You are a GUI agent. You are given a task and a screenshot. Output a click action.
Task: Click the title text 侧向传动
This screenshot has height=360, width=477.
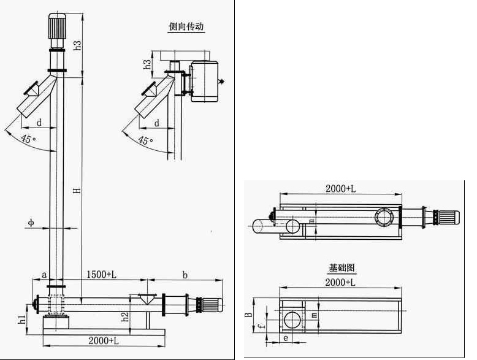click(186, 27)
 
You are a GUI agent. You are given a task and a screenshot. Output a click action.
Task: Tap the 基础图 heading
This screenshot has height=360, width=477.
click(342, 268)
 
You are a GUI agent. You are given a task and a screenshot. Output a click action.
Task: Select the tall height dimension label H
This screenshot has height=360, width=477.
click(77, 191)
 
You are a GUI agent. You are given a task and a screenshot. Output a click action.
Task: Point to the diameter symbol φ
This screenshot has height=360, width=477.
click(30, 222)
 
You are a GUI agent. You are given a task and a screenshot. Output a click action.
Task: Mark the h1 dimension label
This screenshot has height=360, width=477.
click(23, 320)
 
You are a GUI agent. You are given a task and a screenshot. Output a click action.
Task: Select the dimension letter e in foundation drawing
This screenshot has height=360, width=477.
click(286, 337)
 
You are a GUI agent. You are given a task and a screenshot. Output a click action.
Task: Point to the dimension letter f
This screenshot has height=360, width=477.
click(261, 327)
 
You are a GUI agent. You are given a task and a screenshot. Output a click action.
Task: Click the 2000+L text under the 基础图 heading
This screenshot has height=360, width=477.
click(342, 282)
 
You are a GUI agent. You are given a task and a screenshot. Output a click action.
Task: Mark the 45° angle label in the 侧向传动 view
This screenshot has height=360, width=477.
click(145, 140)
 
